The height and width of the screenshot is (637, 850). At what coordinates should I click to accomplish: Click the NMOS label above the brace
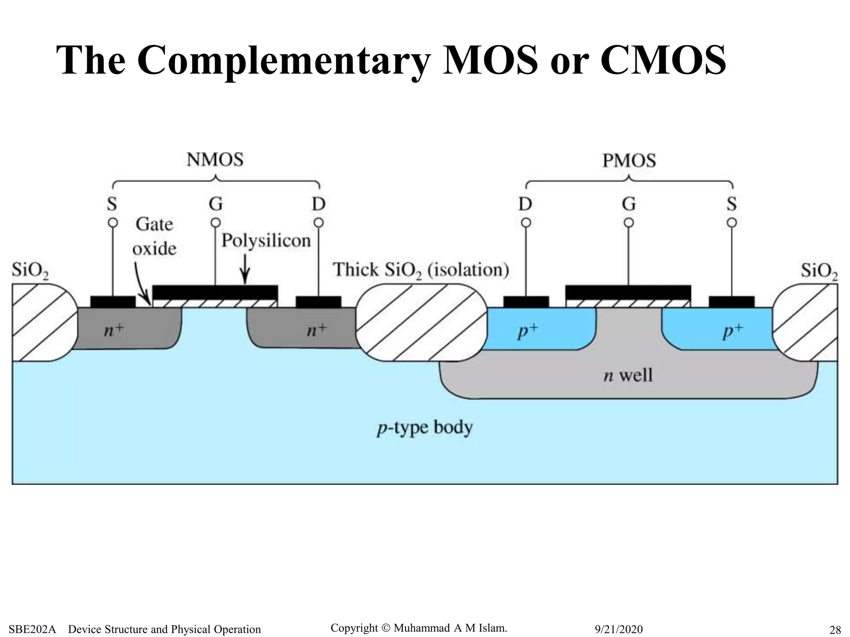point(215,160)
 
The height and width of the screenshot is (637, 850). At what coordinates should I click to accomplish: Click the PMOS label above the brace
point(629,160)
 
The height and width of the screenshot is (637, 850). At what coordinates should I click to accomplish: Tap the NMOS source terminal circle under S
point(112,223)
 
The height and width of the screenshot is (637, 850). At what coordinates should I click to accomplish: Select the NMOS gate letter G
point(215,204)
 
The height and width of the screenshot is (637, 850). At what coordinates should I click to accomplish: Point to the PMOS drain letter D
point(525,204)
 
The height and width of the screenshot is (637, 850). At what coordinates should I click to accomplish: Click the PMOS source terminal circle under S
point(732,223)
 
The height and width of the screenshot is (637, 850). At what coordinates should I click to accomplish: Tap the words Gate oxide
point(154,236)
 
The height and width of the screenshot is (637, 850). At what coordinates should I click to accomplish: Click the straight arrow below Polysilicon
point(246,270)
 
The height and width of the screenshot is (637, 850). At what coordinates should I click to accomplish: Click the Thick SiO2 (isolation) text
point(421,270)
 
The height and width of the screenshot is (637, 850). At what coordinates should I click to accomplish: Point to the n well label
point(628,375)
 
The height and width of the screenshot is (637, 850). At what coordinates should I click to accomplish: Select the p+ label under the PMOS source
point(733,331)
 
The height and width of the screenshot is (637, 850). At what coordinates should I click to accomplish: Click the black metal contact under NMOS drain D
point(318,301)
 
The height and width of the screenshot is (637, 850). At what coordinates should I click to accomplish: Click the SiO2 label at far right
point(818,271)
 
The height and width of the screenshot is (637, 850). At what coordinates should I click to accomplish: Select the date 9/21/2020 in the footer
point(618,629)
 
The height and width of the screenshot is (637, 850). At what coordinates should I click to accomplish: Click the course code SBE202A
point(32,629)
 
